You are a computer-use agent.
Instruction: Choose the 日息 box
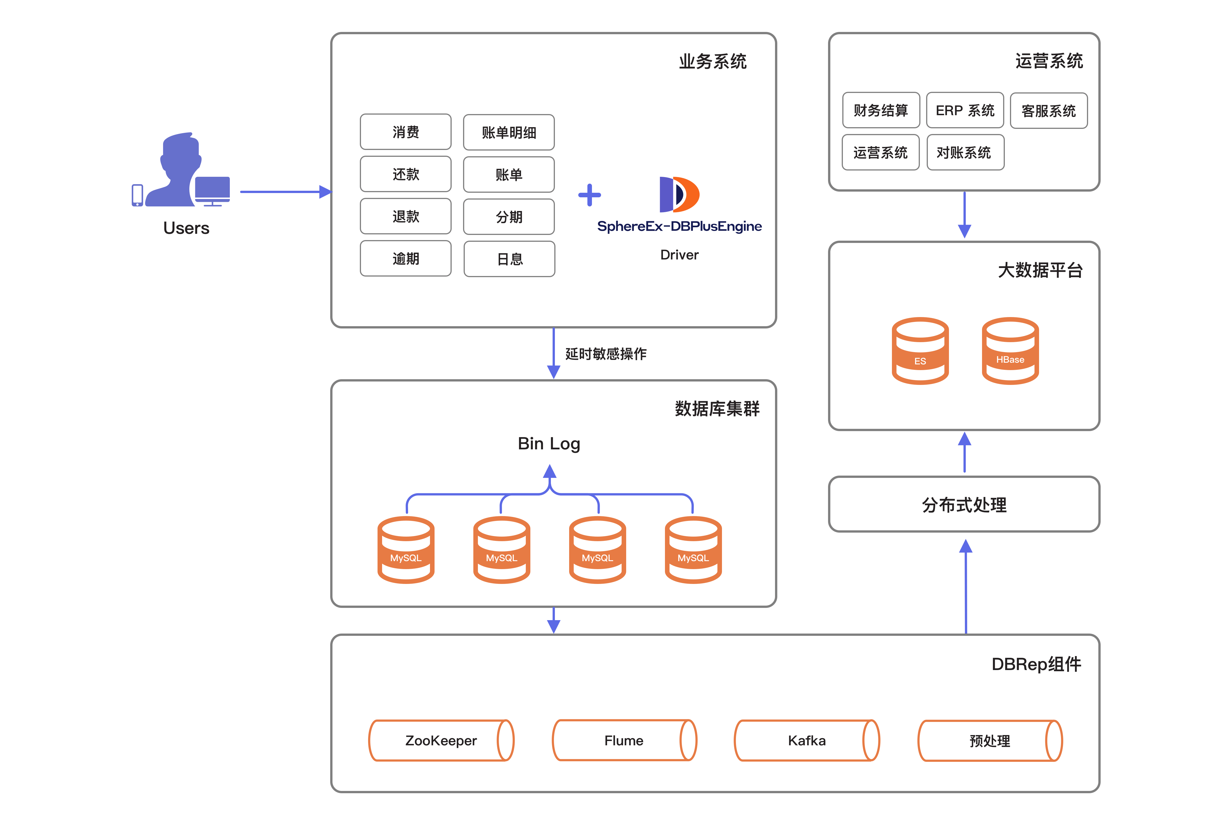pyautogui.click(x=509, y=259)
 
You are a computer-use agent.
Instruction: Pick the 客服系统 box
pyautogui.click(x=1048, y=111)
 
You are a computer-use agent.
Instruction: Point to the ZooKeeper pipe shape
pyautogui.click(x=441, y=740)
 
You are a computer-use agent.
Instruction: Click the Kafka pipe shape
pyautogui.click(x=807, y=740)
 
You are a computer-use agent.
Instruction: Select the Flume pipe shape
pyautogui.click(x=624, y=740)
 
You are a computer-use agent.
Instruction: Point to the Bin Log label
pyautogui.click(x=549, y=444)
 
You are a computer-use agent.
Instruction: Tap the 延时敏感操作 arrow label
pyautogui.click(x=605, y=354)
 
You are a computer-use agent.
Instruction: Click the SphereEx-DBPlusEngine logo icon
pyautogui.click(x=679, y=194)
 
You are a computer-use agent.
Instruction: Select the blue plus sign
pyautogui.click(x=589, y=195)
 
